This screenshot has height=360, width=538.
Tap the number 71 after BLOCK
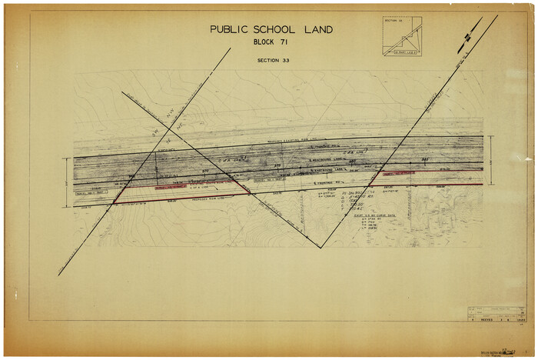pyautogui.click(x=284, y=42)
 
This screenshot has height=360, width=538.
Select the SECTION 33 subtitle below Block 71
pyautogui.click(x=273, y=59)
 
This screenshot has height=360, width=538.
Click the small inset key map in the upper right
pyautogui.click(x=402, y=37)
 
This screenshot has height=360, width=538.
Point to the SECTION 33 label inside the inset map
pyautogui.click(x=393, y=21)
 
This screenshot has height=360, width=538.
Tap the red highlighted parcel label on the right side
pyautogui.click(x=400, y=173)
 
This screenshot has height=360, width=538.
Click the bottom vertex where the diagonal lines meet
pyautogui.click(x=320, y=247)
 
